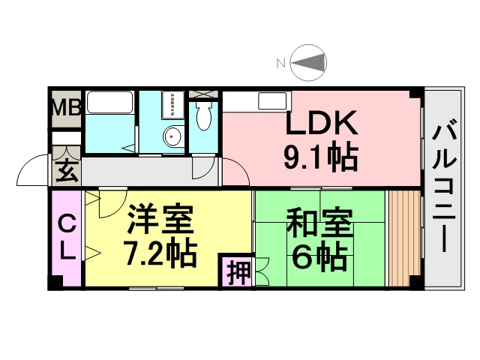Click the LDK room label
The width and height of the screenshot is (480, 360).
tap(322, 122)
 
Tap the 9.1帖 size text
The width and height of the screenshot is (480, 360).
tap(321, 157)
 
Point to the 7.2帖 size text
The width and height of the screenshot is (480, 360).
tap(160, 253)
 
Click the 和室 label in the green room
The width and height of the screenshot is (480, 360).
tap(319, 222)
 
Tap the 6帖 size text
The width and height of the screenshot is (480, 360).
tap(319, 256)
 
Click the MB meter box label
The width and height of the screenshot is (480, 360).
tap(67, 107)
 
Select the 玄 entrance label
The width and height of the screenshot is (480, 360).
tap(67, 172)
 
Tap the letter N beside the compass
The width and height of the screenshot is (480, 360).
tap(280, 63)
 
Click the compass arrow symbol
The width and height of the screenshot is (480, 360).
tap(308, 63)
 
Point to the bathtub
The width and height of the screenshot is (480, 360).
tap(109, 103)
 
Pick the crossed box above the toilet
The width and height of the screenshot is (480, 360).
tap(203, 94)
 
